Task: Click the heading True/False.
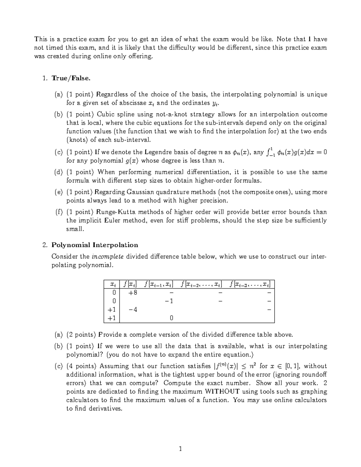point(71,78)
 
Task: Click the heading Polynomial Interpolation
point(95,245)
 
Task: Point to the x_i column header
point(112,284)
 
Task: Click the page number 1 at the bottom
point(180,450)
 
